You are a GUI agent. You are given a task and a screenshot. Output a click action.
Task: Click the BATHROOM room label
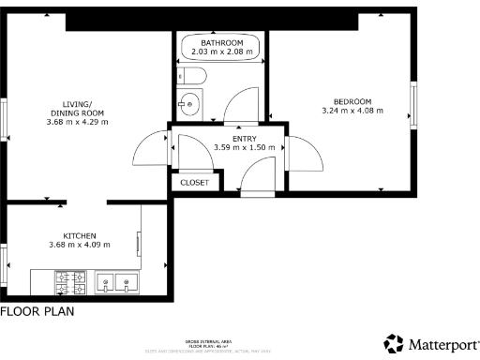pos(221,43)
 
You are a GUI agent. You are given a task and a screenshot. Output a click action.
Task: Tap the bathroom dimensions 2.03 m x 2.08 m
pos(221,52)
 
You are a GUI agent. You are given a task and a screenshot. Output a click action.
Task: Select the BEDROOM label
pos(352,101)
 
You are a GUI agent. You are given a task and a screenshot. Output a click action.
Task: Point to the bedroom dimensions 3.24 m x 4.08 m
pos(352,111)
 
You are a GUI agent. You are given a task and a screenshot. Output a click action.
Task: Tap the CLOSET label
pos(195,183)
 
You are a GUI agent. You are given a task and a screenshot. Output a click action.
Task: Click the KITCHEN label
pos(80,235)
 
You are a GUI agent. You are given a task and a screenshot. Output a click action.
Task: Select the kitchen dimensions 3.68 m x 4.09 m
pos(80,245)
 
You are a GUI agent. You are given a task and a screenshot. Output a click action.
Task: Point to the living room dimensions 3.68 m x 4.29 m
pos(79,122)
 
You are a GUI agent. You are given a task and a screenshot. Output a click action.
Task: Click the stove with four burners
pos(71,280)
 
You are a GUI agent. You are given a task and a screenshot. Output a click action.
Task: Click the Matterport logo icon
pos(394,343)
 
